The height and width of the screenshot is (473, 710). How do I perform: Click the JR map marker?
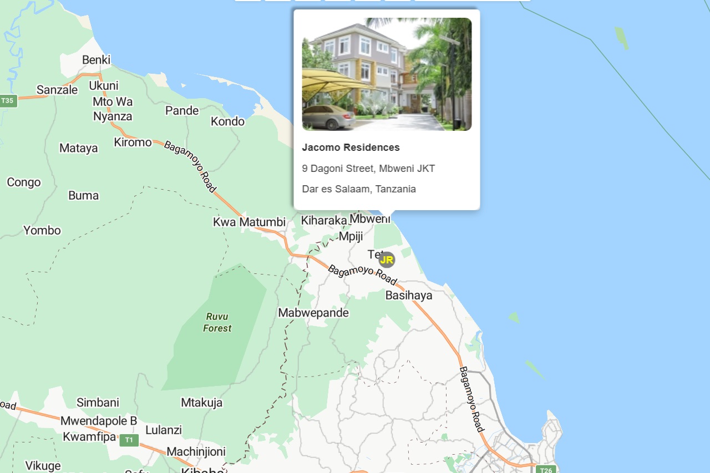(x=387, y=260)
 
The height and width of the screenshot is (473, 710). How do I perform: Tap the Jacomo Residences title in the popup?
(x=351, y=148)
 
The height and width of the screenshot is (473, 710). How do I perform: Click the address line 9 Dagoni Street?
(x=368, y=168)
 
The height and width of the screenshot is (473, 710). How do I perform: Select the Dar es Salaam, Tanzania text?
(x=359, y=189)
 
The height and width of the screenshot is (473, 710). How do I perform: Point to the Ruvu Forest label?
(x=217, y=322)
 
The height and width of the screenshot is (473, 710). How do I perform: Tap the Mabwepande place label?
(x=313, y=313)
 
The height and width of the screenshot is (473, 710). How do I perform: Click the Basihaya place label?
(x=409, y=295)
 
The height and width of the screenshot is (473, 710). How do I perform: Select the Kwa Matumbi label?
(x=249, y=222)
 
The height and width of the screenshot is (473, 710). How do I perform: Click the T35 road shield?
(x=8, y=101)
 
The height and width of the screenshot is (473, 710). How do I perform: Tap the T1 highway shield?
(x=129, y=440)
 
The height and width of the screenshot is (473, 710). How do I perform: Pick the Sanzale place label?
(x=57, y=90)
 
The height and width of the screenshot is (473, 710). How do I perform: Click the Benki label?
(x=97, y=60)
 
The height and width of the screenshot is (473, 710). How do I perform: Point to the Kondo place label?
(x=227, y=121)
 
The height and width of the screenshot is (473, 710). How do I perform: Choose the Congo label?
(x=24, y=182)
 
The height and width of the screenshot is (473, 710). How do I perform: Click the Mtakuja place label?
(x=201, y=403)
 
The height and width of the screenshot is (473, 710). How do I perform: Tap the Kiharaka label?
(x=323, y=221)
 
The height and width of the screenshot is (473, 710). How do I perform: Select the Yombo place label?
(x=42, y=230)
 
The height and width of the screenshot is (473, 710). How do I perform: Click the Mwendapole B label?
(x=99, y=421)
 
